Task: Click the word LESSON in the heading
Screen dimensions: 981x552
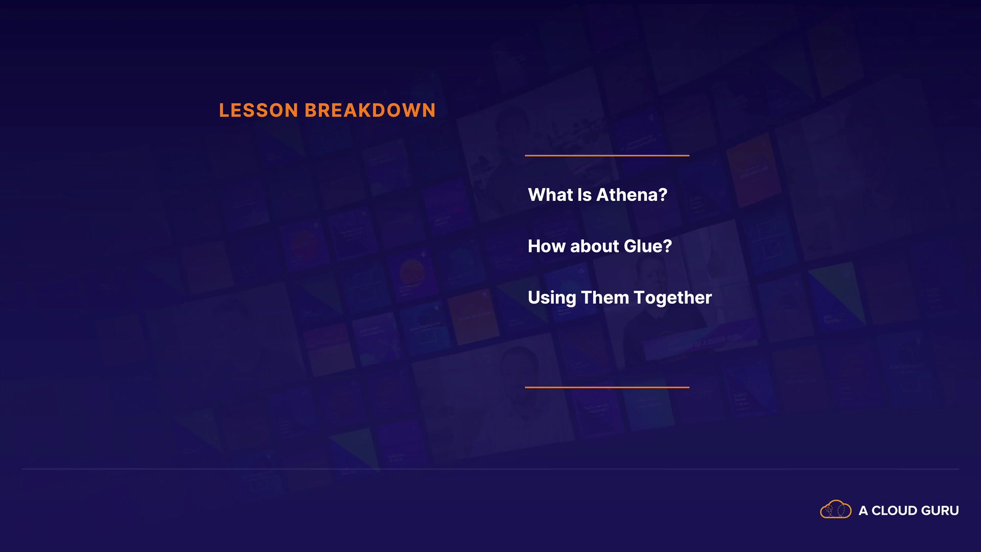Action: (259, 110)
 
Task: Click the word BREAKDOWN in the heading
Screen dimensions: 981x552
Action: (370, 110)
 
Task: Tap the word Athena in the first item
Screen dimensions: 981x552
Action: (627, 195)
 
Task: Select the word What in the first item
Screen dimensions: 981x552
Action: (550, 195)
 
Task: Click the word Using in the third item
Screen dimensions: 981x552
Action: (552, 298)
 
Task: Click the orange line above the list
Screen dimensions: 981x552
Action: (607, 155)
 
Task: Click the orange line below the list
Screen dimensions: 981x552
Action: (607, 387)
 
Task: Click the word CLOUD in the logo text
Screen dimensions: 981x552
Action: (894, 511)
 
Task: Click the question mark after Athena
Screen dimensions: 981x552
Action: (663, 195)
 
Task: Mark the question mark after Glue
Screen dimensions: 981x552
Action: (667, 246)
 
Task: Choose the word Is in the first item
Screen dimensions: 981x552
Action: (585, 195)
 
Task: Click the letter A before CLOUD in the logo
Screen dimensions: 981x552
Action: (863, 511)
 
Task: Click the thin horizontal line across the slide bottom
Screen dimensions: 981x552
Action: (491, 469)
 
